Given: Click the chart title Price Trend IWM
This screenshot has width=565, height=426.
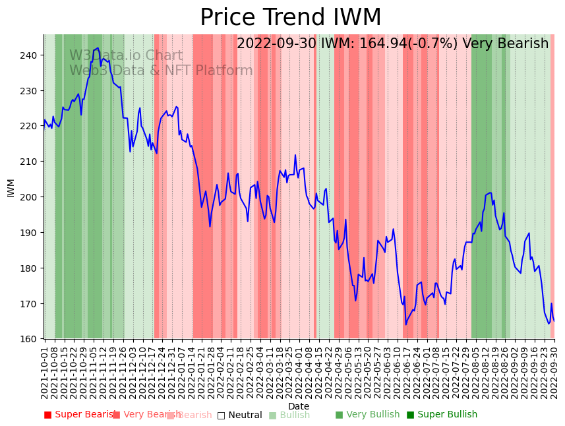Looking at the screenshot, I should pos(290,18).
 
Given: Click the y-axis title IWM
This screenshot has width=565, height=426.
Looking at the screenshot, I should pos(11,187).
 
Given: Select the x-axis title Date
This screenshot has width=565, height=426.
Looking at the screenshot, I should pos(299,406).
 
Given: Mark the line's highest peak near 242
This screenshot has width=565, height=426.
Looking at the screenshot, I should pos(98,48).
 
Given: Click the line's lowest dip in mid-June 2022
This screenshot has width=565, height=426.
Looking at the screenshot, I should pos(406,324).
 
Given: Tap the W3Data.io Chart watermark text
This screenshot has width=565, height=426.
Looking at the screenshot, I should pos(126,56).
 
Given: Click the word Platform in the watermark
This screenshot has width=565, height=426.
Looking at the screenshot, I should pos(224,71).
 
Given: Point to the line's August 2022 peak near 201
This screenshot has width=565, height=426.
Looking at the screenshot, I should pos(490,193).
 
